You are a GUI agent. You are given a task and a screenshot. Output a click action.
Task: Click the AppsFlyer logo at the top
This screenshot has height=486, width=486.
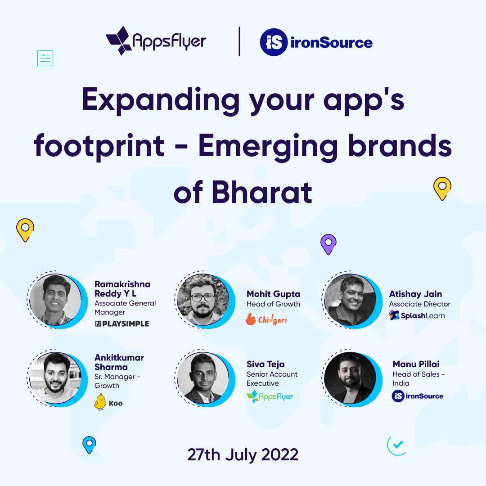(x=156, y=41)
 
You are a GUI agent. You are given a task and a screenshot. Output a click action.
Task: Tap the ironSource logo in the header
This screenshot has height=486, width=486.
(x=316, y=43)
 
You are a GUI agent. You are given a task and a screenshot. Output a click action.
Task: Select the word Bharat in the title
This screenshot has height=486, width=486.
(x=261, y=192)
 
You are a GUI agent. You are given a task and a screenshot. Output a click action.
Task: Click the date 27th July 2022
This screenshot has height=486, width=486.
(x=243, y=454)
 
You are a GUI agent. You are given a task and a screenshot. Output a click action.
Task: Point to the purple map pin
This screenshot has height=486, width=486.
(x=328, y=244)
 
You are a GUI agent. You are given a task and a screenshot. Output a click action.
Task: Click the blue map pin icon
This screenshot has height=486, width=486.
(x=89, y=445)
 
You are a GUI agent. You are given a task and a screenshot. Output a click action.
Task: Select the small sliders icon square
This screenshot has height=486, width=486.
(x=45, y=58)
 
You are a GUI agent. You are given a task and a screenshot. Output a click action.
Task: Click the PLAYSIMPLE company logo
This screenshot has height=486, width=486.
(x=122, y=324)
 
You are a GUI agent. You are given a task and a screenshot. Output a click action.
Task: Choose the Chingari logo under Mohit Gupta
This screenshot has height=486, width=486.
(x=266, y=319)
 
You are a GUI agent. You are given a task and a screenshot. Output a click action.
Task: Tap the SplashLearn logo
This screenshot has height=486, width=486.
(x=417, y=315)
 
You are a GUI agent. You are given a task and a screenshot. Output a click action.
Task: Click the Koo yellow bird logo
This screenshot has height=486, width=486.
(x=108, y=402)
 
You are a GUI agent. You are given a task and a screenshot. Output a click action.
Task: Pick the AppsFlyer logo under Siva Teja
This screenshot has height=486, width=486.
(x=270, y=396)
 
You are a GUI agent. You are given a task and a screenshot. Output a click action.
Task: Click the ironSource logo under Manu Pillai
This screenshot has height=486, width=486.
(x=418, y=396)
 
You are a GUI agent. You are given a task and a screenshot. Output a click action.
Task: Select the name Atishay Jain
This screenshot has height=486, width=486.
(x=415, y=294)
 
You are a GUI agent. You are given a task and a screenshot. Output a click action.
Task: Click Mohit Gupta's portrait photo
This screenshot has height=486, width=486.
(x=202, y=299)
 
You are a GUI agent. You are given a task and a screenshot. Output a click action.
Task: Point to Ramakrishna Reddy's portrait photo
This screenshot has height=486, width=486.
(x=55, y=299)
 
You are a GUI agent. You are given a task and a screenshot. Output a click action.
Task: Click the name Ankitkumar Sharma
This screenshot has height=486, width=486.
(x=119, y=362)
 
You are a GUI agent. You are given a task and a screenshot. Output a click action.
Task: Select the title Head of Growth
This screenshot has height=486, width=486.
(x=273, y=304)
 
